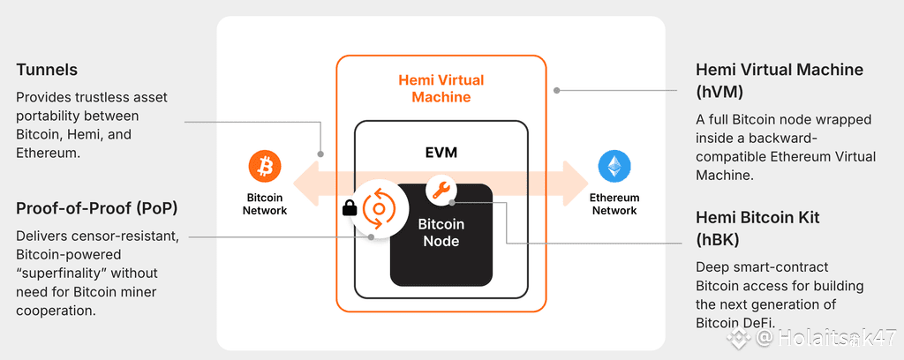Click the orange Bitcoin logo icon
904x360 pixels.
tap(264, 165)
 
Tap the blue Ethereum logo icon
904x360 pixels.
tap(614, 166)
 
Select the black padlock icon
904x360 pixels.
tap(349, 209)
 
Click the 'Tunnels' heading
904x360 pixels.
tap(47, 69)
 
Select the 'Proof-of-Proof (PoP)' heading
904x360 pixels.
tap(96, 208)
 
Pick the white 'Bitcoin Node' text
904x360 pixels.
tap(441, 234)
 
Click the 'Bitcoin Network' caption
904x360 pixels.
tap(264, 204)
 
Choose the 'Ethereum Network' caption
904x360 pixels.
tap(614, 204)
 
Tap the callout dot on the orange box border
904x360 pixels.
tap(556, 90)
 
